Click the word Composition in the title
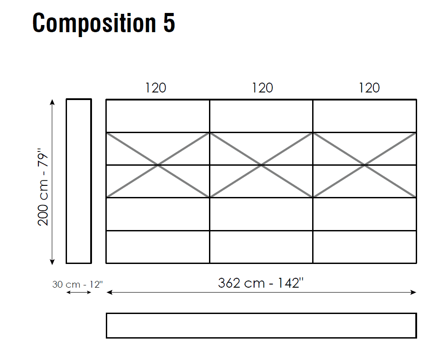tap(94, 24)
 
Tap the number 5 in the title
tap(169, 23)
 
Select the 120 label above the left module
tap(156, 88)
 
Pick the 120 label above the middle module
tap(263, 88)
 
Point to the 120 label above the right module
tap(369, 88)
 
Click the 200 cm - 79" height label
tap(43, 187)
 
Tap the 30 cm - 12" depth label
tap(77, 284)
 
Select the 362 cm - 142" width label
tap(261, 283)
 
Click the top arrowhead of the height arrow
tap(52, 101)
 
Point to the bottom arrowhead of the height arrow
tap(52, 262)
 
